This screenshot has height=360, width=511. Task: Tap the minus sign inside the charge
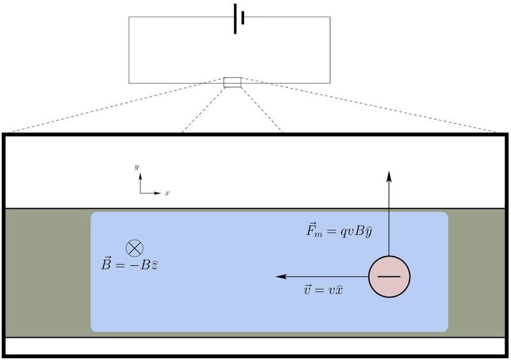(x=389, y=277)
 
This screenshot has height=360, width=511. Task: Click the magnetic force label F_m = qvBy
(x=339, y=230)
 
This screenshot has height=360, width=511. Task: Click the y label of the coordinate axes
(x=137, y=166)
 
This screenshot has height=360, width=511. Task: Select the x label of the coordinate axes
(x=167, y=193)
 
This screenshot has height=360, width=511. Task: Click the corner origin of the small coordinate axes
(x=141, y=192)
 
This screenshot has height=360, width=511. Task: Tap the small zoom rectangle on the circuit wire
(x=232, y=82)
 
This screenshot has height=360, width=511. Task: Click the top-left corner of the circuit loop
(x=129, y=17)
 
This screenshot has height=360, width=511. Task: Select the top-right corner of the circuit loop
(x=330, y=17)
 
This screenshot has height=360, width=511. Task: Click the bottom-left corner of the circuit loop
(x=129, y=83)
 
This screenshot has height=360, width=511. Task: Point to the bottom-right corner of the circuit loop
(x=330, y=83)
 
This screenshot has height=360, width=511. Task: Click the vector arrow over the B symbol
(x=98, y=257)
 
